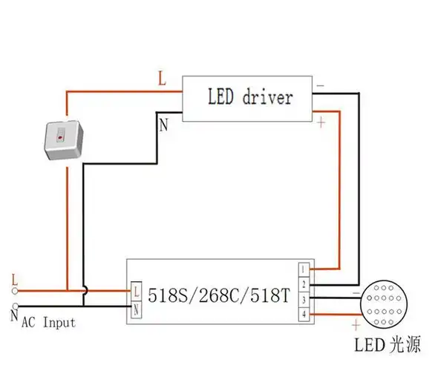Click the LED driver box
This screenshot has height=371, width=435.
point(249,98)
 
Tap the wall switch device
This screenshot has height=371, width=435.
point(65,138)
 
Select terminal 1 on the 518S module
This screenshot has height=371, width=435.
point(303,269)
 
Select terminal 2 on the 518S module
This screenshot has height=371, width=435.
point(303,285)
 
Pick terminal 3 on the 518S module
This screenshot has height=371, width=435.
point(303,301)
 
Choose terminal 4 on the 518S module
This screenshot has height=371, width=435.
point(303,316)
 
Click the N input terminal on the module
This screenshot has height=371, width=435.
point(137,309)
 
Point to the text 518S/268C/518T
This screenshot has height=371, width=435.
point(215,295)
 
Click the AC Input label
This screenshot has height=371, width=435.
point(48,323)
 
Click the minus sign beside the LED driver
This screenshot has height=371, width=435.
point(321,86)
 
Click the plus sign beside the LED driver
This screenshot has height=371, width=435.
point(321,122)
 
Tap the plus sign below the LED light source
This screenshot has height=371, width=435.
point(356,324)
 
